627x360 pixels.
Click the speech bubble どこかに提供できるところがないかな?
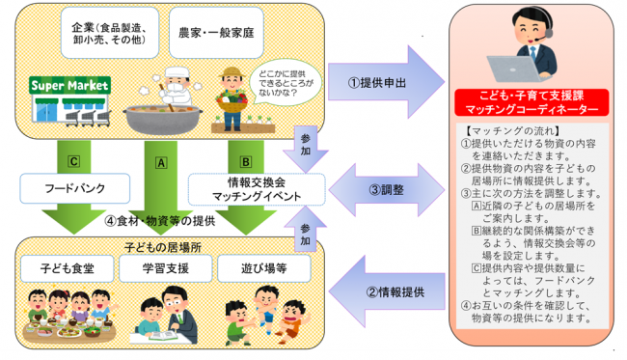(x=279, y=82)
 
